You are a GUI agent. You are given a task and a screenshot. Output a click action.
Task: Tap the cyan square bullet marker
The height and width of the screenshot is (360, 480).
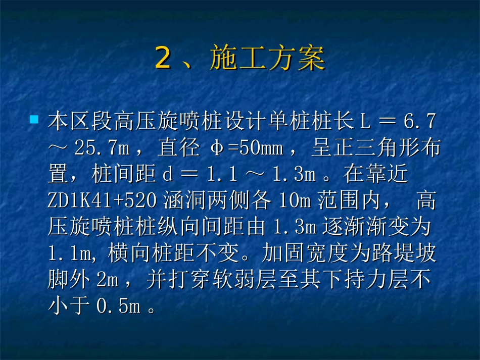(34, 120)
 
